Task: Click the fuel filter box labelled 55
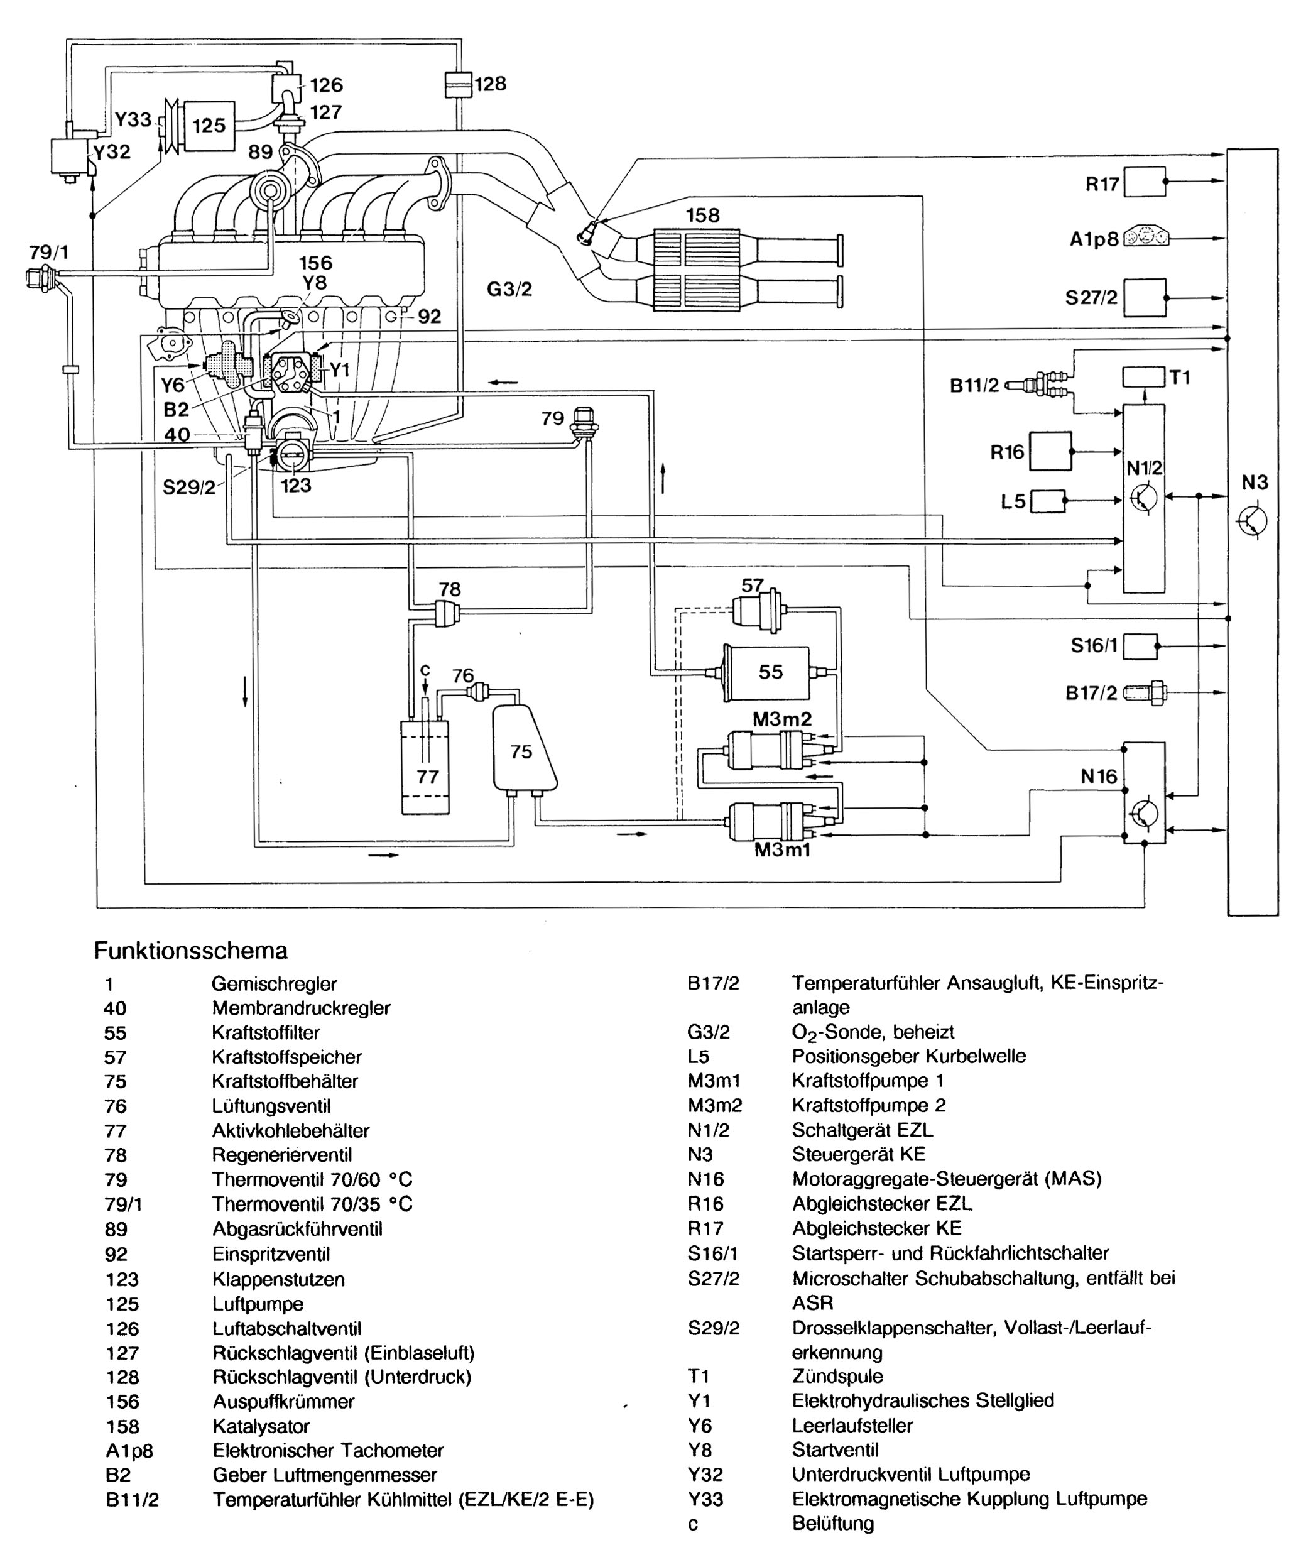tap(768, 672)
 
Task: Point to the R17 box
tap(1145, 182)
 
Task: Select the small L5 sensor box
tap(1047, 501)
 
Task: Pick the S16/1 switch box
tap(1141, 646)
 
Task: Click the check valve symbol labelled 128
tap(457, 84)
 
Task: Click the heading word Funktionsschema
tap(190, 950)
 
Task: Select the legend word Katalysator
tap(261, 1426)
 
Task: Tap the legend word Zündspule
tap(837, 1376)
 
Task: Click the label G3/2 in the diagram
tap(509, 288)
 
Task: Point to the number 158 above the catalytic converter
tap(702, 215)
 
